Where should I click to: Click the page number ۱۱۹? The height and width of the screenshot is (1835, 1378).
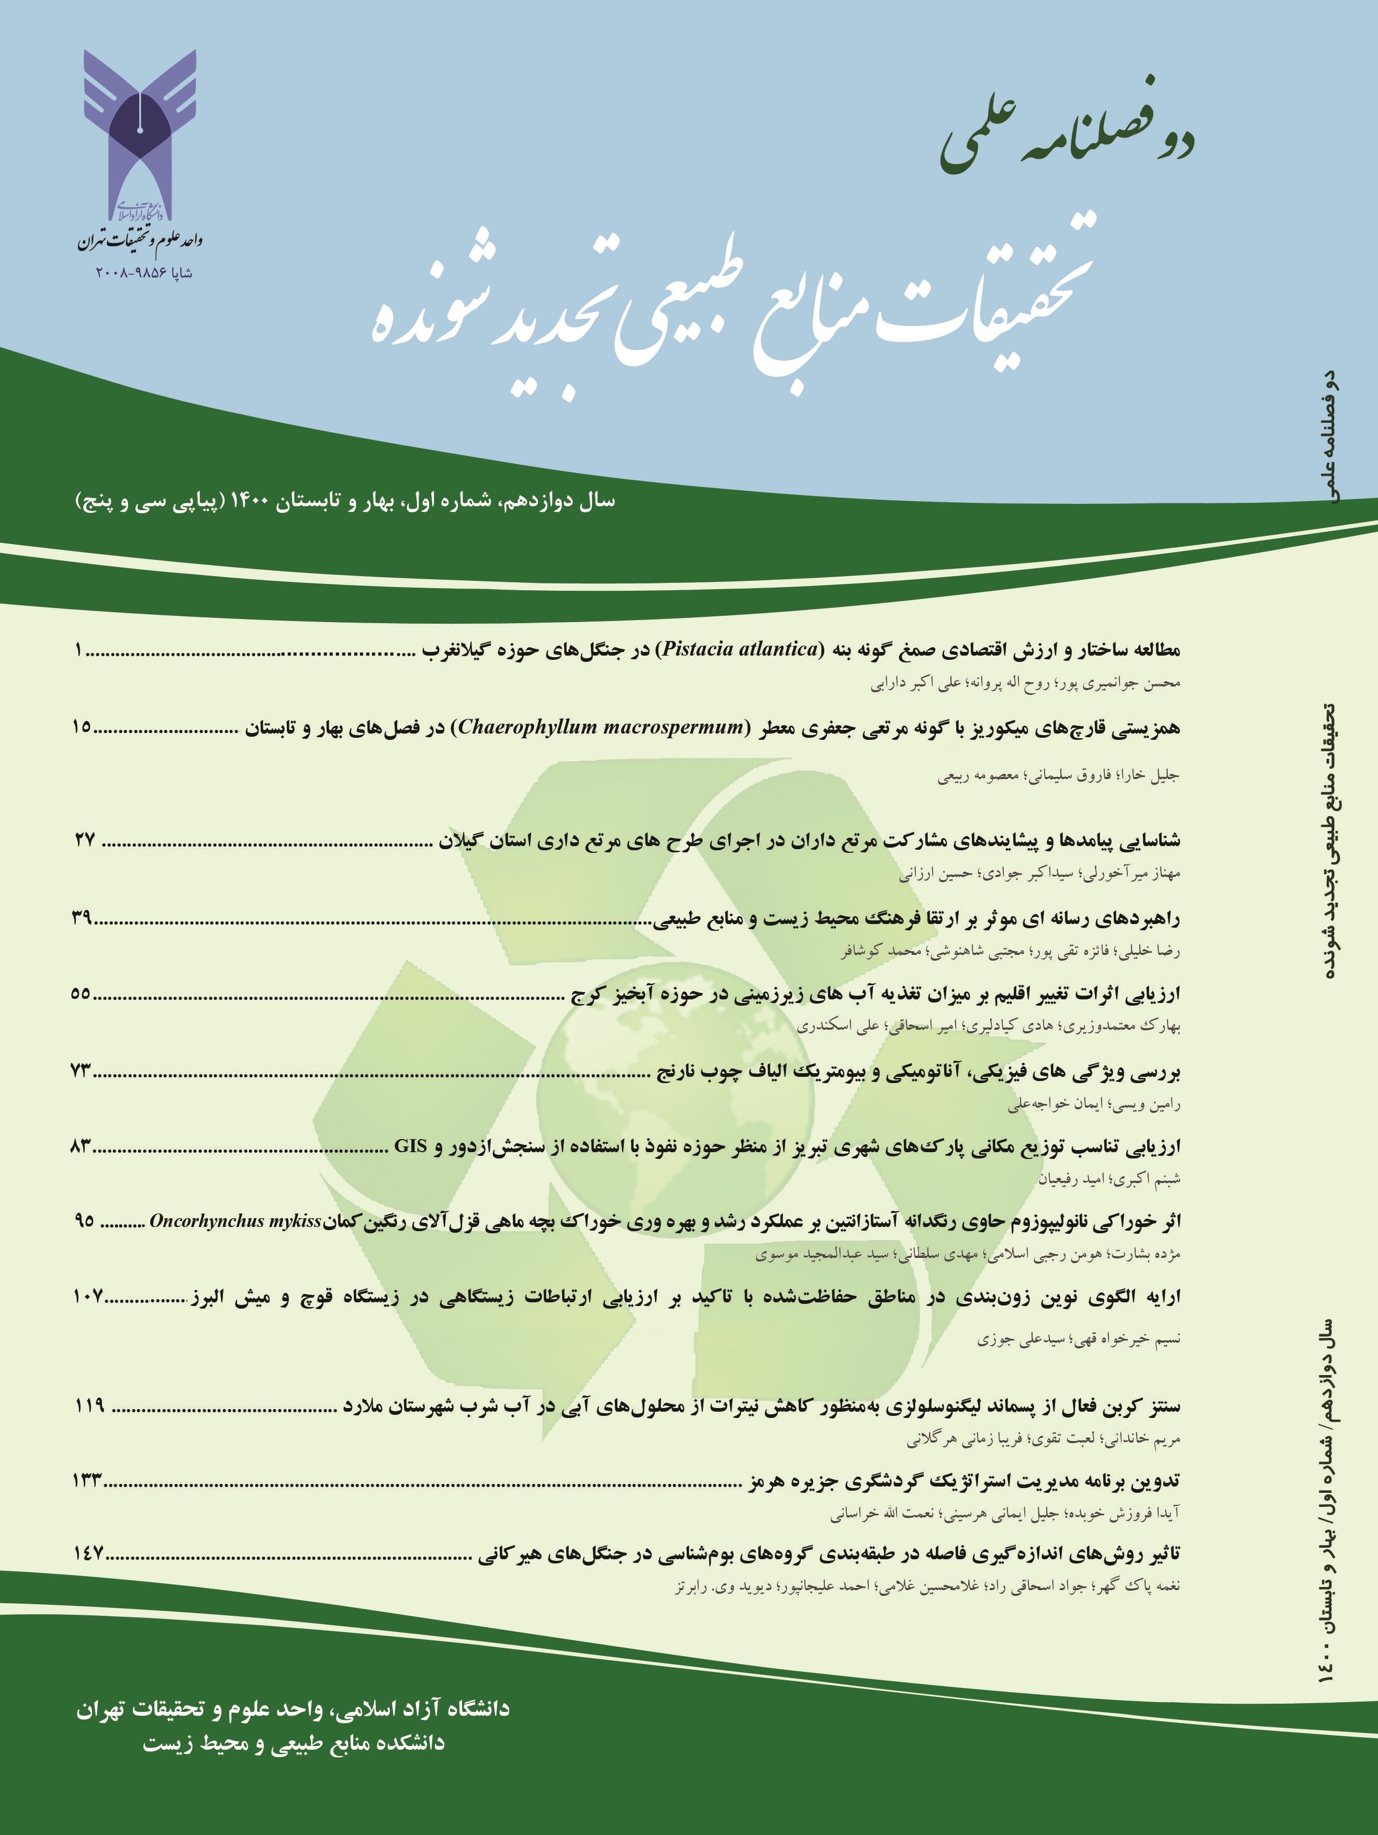(x=89, y=1405)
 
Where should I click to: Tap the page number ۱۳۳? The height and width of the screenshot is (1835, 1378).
(x=89, y=1482)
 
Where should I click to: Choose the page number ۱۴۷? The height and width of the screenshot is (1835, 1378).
(x=89, y=1554)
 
